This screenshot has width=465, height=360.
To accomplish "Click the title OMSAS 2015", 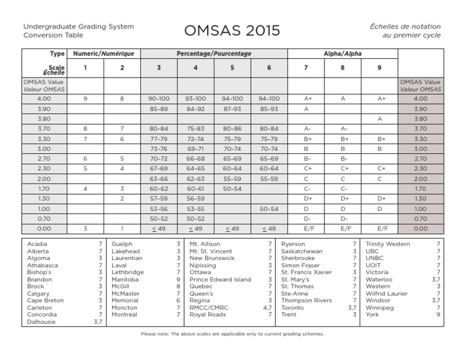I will point(232,30).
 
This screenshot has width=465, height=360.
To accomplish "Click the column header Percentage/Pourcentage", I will point(214,54).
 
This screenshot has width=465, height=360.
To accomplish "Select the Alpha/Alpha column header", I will point(343,54).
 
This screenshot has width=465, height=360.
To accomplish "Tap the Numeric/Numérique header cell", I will point(104,54).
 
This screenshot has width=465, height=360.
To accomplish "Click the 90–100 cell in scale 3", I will point(159,98).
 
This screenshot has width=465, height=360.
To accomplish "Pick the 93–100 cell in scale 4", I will point(196,98).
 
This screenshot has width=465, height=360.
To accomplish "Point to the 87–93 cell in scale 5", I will point(232,109).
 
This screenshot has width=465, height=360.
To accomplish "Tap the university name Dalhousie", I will point(42,322).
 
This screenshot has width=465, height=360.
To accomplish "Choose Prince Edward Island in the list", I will point(220,279).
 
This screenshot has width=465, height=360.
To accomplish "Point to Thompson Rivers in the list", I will point(306,301).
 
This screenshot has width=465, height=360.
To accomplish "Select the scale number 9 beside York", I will point(438,315).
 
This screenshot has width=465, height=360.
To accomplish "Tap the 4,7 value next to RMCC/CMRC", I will point(268,308).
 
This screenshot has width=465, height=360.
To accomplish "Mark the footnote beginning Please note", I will point(232,334).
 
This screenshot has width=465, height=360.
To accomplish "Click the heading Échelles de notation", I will point(406,27).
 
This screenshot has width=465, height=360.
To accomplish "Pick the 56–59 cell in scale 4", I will point(196,199).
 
